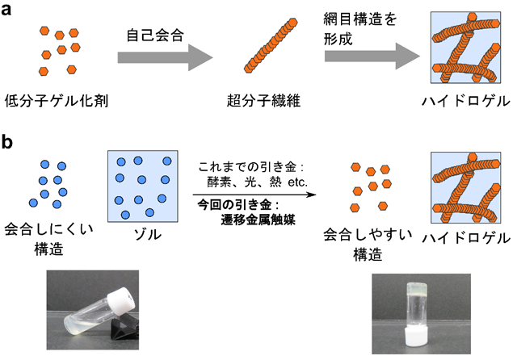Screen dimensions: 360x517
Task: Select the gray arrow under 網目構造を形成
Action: [x=372, y=57]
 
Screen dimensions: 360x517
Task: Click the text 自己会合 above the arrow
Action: [x=153, y=36]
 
